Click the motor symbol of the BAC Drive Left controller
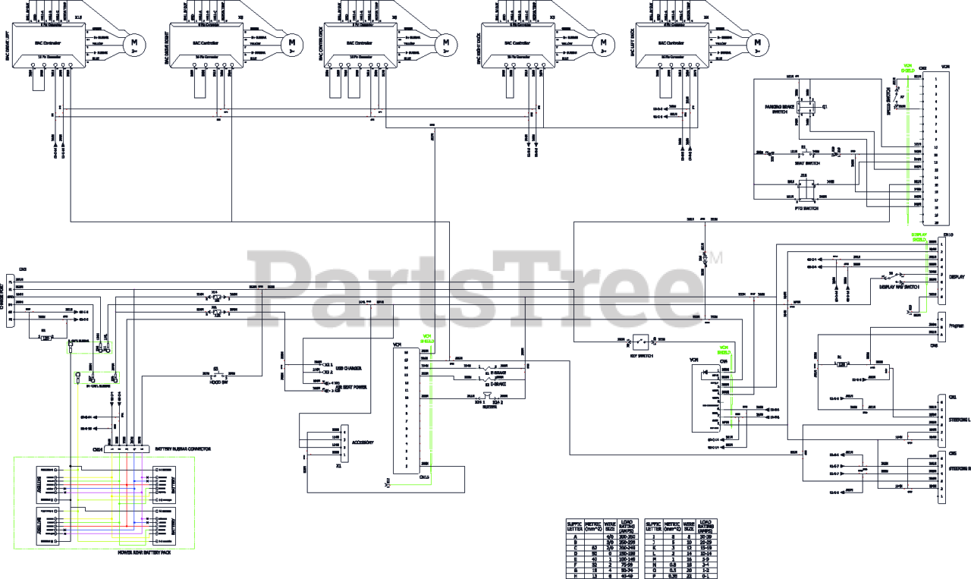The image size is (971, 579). coord(134,42)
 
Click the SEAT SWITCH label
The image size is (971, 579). coord(806,162)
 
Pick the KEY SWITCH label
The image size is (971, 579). coord(642,355)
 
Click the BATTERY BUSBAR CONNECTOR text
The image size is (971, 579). coord(183,449)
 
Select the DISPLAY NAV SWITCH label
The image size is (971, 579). coord(899,287)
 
